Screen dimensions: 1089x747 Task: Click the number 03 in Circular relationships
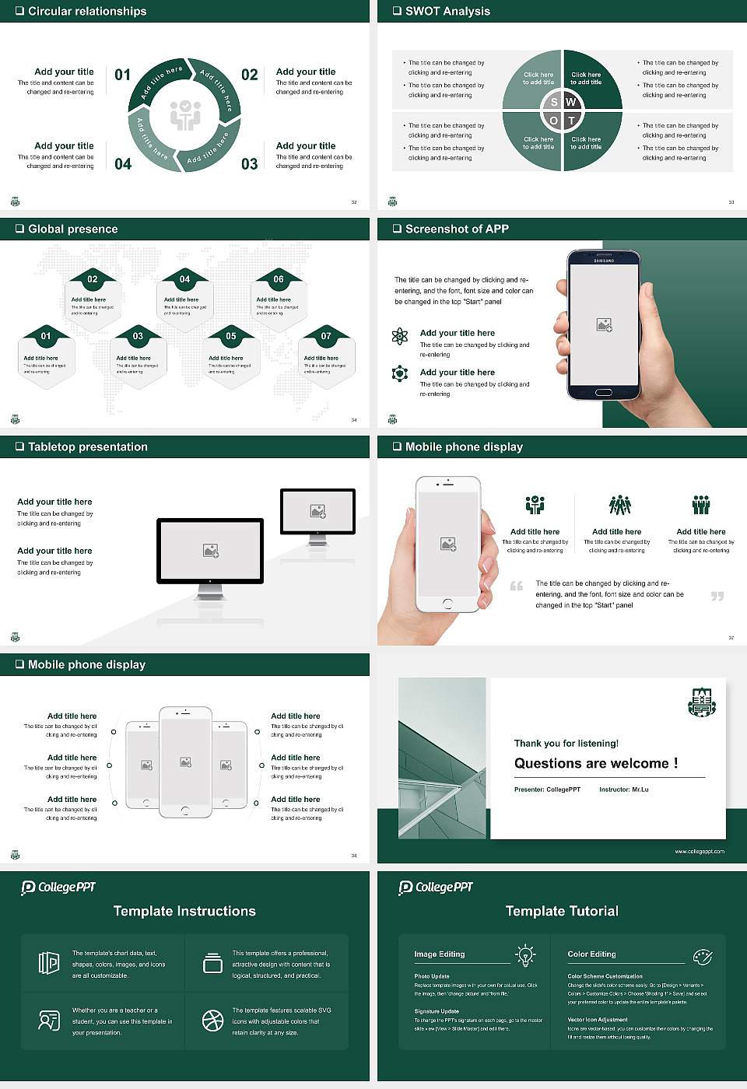coord(249,164)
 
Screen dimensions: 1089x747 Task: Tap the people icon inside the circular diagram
coord(185,115)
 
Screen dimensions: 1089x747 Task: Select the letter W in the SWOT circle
coord(570,102)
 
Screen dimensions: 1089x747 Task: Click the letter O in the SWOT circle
coord(553,121)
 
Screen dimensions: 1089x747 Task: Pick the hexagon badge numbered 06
coord(279,279)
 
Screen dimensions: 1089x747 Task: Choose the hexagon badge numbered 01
coord(46,336)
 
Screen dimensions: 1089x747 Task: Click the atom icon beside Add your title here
coord(400,336)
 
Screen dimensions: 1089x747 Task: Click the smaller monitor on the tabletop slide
coord(317,512)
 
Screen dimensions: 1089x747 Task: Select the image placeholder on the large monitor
coord(210,551)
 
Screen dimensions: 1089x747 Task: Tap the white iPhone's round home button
coord(447,603)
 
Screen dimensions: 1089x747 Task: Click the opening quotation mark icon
coord(517,586)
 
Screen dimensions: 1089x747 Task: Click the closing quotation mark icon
coord(717,596)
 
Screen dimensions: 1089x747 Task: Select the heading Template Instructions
coord(184,911)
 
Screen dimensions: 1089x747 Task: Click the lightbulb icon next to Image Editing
coord(525,955)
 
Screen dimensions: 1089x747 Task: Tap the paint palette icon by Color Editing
coord(702,956)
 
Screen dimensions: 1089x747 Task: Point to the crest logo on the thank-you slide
coord(702,702)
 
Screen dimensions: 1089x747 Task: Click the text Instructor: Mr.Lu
coord(623,790)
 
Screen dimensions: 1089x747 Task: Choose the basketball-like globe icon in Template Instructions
coord(212,1021)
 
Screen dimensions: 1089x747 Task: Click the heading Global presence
coord(72,229)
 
